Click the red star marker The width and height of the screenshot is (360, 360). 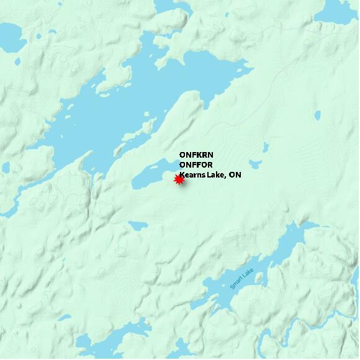pos(179,180)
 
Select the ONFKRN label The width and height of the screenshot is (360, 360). pos(196,155)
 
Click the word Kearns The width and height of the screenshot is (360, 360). pos(192,175)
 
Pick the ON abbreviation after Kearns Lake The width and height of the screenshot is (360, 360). pos(235,175)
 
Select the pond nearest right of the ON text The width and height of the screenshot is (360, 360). pos(255,164)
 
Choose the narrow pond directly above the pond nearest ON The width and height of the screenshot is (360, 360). pos(266,147)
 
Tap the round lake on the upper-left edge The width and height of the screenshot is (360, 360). pos(9,37)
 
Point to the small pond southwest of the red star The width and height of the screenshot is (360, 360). pos(136,226)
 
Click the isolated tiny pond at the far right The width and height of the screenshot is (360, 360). pos(318,115)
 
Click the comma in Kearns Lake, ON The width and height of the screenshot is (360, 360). pos(226,178)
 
